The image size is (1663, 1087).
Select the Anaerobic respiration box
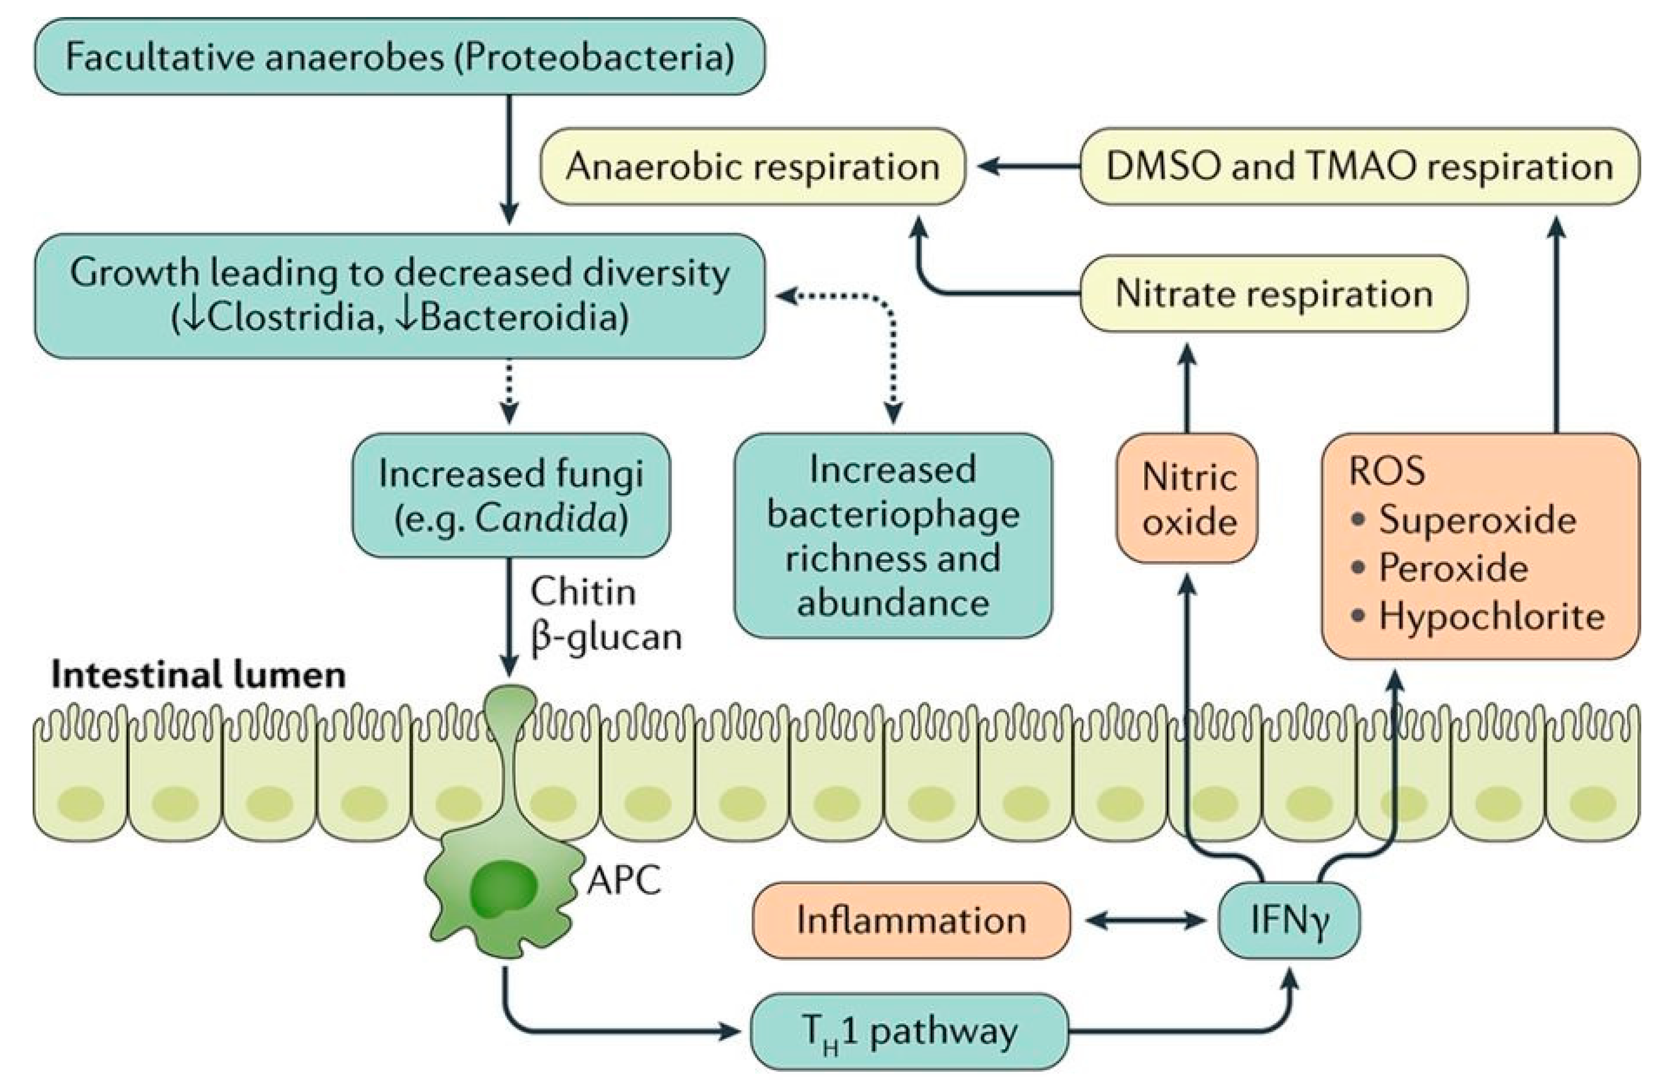753,166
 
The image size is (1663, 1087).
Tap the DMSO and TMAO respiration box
1359,166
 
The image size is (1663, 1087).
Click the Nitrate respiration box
1273,293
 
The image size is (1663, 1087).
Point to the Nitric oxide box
1188,499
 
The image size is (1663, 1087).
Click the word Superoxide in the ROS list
1477,520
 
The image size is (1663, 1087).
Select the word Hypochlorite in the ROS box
1490,617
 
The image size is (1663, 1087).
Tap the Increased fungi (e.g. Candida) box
511,495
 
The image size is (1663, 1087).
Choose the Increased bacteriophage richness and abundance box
893,535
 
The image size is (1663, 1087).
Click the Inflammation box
910,920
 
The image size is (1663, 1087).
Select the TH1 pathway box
909,1032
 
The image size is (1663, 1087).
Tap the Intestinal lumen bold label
199,675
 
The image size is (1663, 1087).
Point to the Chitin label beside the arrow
583,592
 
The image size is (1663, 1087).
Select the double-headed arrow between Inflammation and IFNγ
1146,921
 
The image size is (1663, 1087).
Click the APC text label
623,880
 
